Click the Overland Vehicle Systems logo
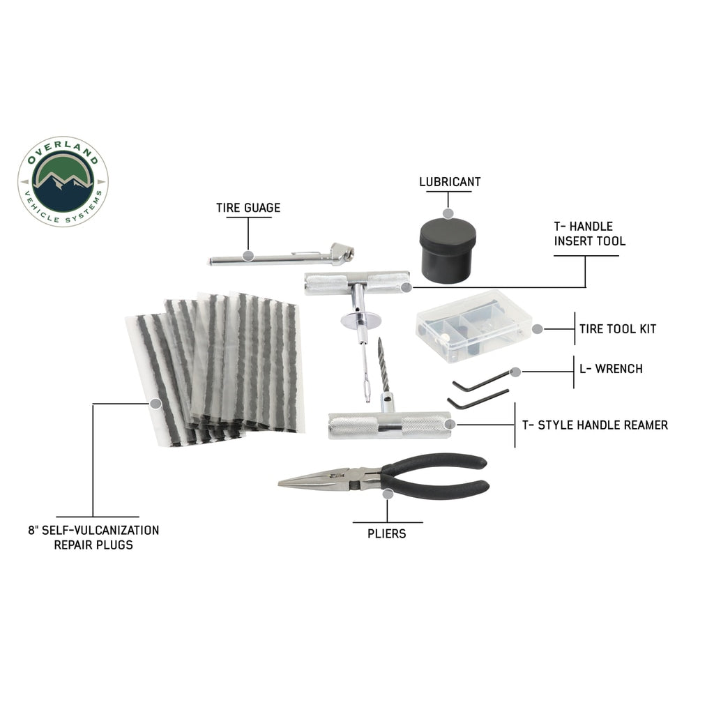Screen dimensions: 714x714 point(63,181)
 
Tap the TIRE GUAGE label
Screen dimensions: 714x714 point(248,207)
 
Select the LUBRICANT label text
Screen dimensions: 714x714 point(450,182)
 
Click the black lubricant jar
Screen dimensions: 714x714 point(448,250)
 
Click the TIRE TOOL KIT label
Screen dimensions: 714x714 point(617,328)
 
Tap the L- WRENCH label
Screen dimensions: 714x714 point(611,368)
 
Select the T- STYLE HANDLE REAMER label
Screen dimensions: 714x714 point(595,425)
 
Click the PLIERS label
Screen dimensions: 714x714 point(387,533)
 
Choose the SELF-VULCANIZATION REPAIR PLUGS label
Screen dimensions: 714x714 point(93,537)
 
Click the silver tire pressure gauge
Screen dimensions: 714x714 point(279,258)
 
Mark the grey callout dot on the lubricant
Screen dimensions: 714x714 point(448,213)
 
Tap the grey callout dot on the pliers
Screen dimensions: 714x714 point(388,493)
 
